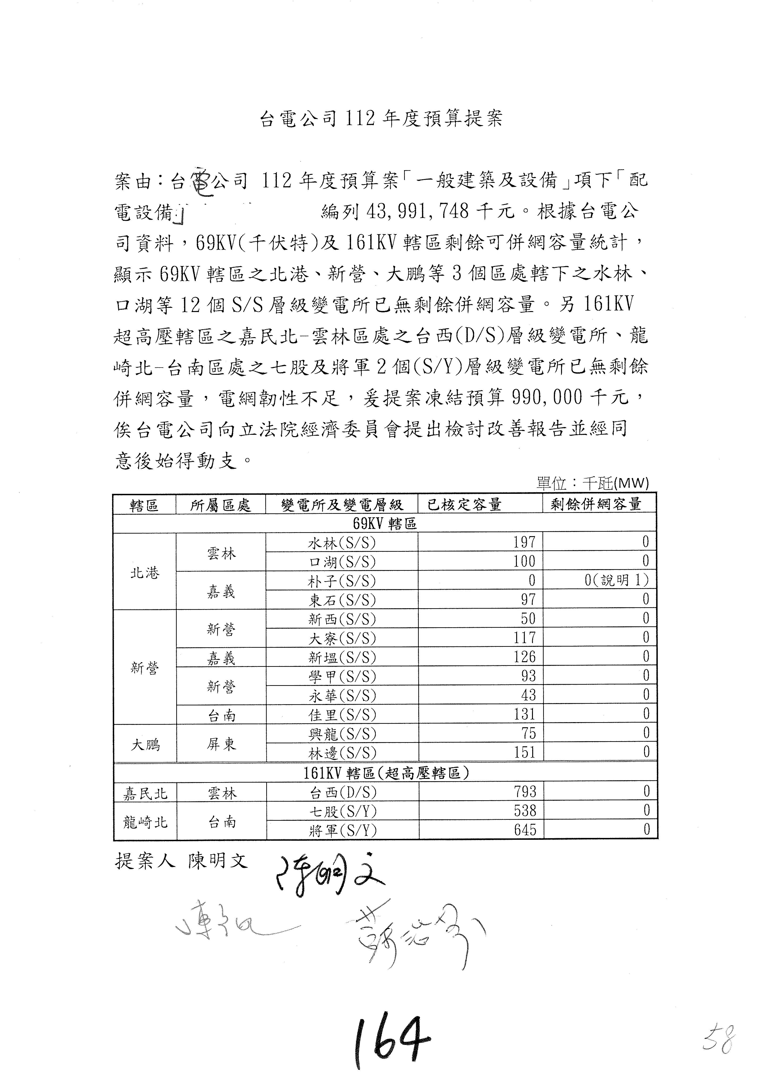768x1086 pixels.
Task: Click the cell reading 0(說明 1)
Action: (x=616, y=580)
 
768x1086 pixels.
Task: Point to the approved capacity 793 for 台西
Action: (x=525, y=792)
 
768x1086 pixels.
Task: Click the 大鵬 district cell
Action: (x=145, y=744)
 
